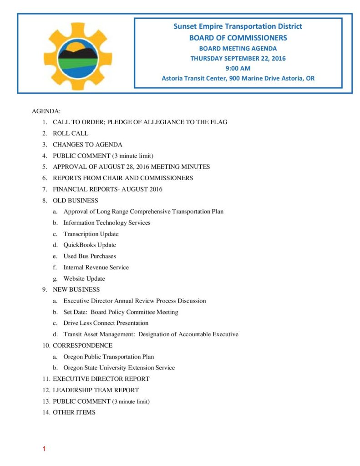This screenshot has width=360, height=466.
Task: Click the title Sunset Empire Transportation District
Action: tap(238, 26)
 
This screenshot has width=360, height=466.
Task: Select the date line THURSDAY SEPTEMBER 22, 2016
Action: tap(238, 58)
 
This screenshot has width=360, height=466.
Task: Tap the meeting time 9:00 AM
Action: tap(238, 68)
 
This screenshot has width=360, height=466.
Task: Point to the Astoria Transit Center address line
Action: tap(238, 78)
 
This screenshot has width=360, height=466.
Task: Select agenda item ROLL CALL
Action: tap(71, 133)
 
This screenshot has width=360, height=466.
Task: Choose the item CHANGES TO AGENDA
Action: tap(87, 145)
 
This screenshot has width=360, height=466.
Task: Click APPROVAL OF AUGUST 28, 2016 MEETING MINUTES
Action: tap(131, 167)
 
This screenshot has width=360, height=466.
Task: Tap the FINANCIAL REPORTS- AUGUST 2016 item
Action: tap(107, 189)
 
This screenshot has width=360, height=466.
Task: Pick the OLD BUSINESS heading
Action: tap(75, 200)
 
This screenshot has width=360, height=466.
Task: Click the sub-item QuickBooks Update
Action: tap(90, 245)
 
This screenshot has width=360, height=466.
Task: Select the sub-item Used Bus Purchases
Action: tap(90, 256)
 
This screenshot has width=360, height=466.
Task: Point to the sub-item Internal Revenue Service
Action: tap(96, 267)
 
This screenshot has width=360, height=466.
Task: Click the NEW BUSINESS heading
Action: tap(76, 289)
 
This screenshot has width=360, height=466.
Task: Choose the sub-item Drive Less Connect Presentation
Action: tap(106, 323)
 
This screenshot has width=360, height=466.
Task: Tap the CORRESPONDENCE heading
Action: tap(82, 345)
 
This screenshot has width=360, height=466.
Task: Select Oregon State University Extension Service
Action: tap(119, 368)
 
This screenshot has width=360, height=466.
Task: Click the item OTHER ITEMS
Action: tap(74, 412)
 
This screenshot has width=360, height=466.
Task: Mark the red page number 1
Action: tap(44, 450)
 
